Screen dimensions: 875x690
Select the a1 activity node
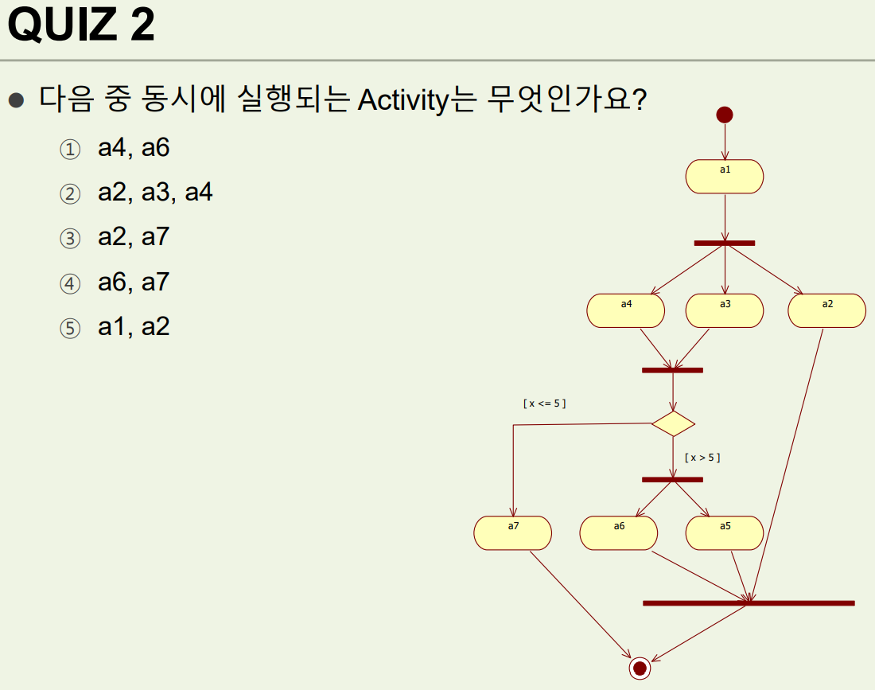pos(725,177)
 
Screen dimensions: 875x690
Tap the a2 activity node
pos(827,310)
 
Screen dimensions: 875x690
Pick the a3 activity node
pos(725,310)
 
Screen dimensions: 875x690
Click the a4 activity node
pos(626,310)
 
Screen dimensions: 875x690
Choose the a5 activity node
pos(725,533)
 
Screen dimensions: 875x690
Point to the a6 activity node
pos(619,533)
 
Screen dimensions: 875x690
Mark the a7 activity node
pos(513,533)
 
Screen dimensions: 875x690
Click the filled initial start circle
pos(725,115)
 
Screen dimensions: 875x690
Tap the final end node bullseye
pos(640,668)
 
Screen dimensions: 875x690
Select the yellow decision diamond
pos(673,423)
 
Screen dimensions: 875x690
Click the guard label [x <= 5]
pos(545,403)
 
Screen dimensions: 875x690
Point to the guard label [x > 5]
pos(702,458)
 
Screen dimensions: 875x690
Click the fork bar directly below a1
pos(725,243)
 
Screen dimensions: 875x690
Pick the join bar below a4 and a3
pos(673,370)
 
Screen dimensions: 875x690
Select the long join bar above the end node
pos(749,603)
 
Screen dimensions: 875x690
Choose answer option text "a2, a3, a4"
pos(155,193)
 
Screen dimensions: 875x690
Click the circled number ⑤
pos(71,329)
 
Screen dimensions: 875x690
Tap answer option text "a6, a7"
pos(134,282)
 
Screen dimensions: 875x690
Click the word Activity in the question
pos(404,102)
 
